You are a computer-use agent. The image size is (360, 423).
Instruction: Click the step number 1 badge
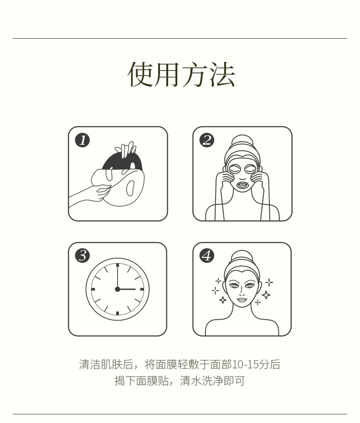point(82,140)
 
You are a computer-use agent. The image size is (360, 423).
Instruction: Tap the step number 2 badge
point(207,140)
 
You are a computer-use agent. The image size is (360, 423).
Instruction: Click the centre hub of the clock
point(117,289)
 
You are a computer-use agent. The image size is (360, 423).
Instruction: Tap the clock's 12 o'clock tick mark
point(118,265)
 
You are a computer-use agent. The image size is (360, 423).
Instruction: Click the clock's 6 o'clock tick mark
point(118,313)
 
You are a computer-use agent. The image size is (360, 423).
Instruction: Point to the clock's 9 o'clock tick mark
point(93,289)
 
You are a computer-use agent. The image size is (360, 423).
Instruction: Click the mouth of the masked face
point(242,185)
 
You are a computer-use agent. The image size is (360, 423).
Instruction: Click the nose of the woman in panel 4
point(242,291)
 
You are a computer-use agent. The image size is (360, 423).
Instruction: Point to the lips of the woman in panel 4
point(242,300)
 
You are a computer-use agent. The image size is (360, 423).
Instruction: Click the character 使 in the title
point(140,75)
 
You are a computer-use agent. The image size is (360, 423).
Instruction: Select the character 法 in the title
point(222,75)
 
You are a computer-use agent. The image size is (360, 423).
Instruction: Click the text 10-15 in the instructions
point(245,364)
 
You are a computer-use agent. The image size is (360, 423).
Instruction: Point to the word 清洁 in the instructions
point(90,364)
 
